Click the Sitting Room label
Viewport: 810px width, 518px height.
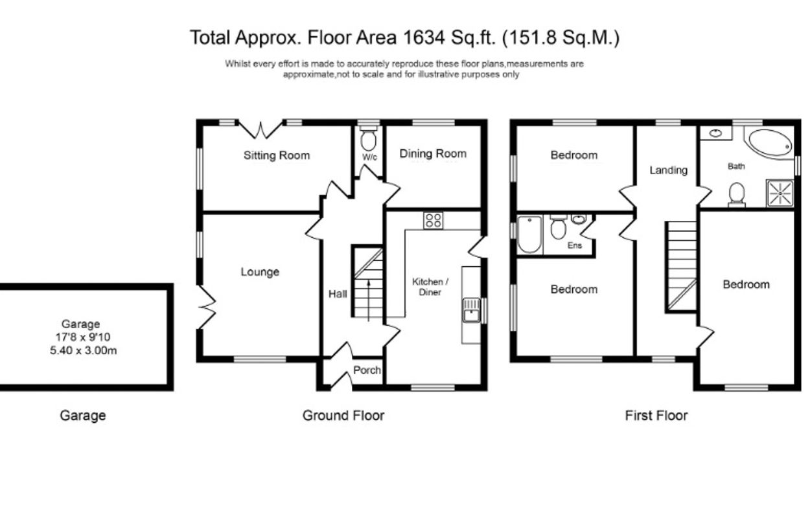(277, 155)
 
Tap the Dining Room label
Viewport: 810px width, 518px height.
(433, 153)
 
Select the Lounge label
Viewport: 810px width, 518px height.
(260, 272)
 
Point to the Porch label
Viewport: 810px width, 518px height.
(367, 370)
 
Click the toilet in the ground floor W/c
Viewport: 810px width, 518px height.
(369, 139)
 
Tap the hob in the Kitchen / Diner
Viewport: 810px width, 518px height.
(434, 220)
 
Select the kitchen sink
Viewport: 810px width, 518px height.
(471, 310)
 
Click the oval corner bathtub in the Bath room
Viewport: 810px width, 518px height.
(770, 143)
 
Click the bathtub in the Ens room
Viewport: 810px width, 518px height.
(529, 234)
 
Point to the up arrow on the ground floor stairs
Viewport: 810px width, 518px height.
(369, 300)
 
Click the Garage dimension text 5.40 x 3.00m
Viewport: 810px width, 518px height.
(83, 350)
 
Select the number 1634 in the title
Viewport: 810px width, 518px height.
(424, 38)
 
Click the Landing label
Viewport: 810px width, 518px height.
(668, 170)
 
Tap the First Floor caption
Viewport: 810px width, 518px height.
(656, 416)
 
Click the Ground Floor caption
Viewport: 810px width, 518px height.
(343, 416)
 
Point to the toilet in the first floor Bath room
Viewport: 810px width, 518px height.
(737, 195)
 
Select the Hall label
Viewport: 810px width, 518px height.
(338, 294)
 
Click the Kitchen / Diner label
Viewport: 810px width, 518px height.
(430, 287)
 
